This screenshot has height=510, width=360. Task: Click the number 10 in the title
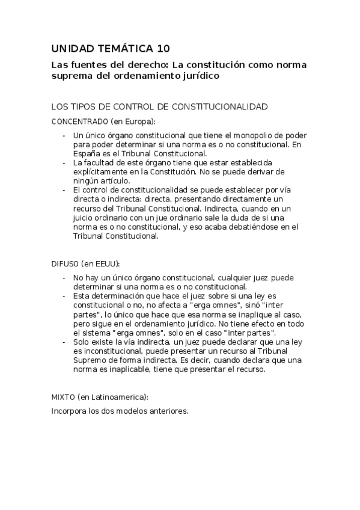(163, 49)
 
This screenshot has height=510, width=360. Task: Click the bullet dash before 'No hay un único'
(64, 278)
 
